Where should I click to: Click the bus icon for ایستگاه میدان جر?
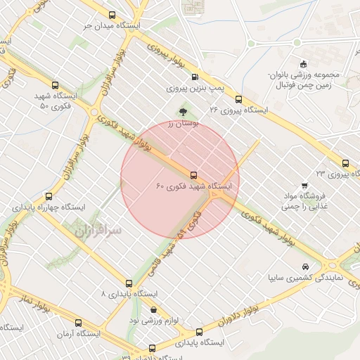[112, 14]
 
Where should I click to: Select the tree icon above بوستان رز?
[184, 111]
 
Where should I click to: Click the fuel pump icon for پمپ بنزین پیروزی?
[195, 77]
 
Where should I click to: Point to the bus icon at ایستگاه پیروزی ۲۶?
[238, 99]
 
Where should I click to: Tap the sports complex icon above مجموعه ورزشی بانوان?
[297, 63]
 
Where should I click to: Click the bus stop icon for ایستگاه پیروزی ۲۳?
[345, 162]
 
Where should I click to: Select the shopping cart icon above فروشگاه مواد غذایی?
[304, 186]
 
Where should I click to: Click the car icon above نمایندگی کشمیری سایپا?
[304, 267]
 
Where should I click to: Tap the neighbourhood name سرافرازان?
[96, 229]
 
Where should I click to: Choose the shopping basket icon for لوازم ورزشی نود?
[153, 310]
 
